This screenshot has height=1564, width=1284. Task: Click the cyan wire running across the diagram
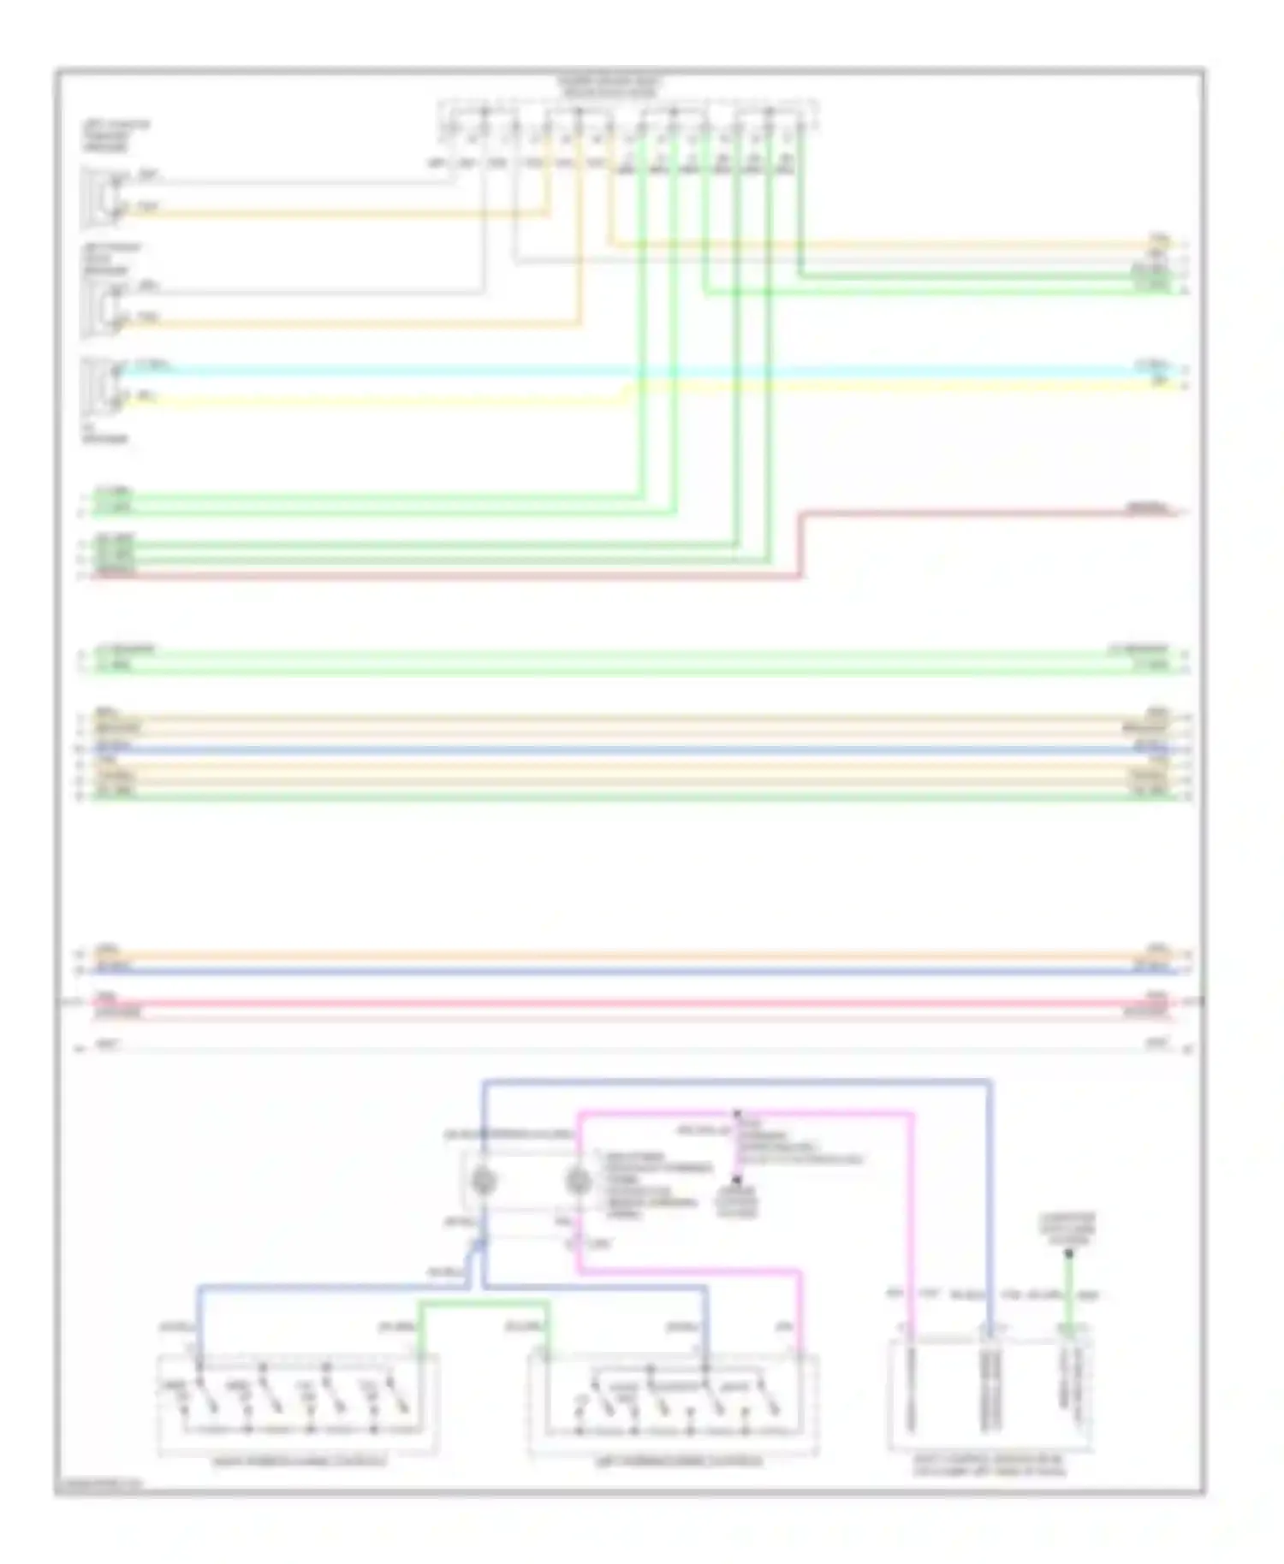599,372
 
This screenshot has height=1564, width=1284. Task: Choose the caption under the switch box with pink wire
673,1462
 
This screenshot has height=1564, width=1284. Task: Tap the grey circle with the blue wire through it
484,1182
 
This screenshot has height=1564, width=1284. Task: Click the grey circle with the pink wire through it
579,1182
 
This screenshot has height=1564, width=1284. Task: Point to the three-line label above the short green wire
1067,1229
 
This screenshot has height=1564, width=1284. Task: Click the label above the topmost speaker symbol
116,135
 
